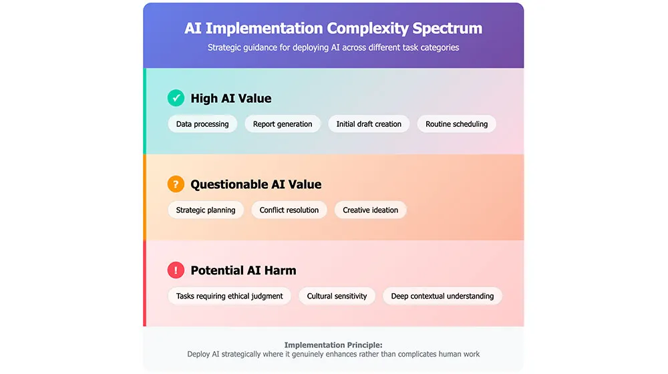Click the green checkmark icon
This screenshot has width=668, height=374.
(x=176, y=98)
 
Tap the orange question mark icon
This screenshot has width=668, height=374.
(x=176, y=184)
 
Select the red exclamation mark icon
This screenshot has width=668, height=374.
(x=176, y=270)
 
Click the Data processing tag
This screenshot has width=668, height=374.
(x=202, y=124)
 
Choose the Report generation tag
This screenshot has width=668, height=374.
(x=283, y=124)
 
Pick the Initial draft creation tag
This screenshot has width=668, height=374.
(x=369, y=124)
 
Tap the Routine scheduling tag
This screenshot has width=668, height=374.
(x=456, y=124)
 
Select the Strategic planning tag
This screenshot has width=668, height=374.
(x=206, y=210)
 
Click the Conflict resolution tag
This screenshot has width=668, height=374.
(x=289, y=210)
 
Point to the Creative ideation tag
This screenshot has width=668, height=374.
(x=370, y=210)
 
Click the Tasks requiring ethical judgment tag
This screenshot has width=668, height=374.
(x=229, y=297)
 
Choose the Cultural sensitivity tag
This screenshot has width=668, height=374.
(x=337, y=297)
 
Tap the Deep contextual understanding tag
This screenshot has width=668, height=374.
(x=442, y=297)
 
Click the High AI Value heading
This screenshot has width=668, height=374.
(x=231, y=99)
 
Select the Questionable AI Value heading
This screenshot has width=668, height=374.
(x=256, y=185)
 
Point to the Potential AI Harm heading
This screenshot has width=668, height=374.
(x=243, y=271)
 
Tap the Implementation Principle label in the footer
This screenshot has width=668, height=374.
(x=333, y=345)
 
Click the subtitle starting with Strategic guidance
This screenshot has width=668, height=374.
(x=333, y=48)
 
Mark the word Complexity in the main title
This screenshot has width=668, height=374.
(x=367, y=29)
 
